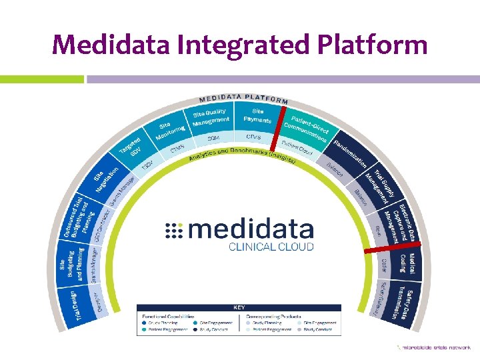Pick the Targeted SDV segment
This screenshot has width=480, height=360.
(132, 147)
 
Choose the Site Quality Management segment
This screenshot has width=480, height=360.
(210, 117)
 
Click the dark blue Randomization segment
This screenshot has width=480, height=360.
(349, 153)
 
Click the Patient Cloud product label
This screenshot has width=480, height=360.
(297, 147)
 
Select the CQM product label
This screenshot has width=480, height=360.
(213, 137)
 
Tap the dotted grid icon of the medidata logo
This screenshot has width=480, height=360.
(173, 231)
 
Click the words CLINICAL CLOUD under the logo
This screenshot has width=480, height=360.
(271, 246)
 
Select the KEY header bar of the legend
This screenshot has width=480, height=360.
(239, 307)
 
